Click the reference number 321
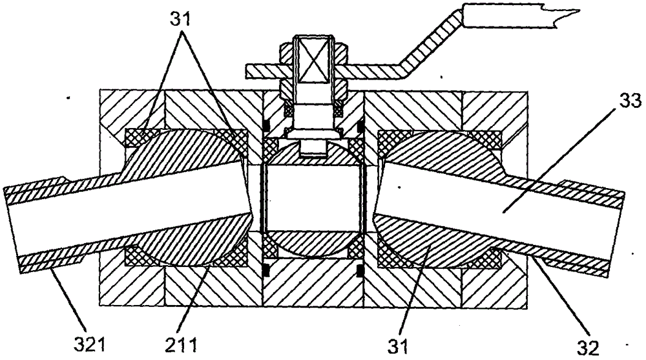tap(89, 345)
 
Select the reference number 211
tap(181, 345)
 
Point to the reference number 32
tap(587, 348)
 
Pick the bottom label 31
tap(398, 346)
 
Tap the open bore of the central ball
tap(313, 197)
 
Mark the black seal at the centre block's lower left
tap(266, 271)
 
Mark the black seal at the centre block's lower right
tap(361, 271)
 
